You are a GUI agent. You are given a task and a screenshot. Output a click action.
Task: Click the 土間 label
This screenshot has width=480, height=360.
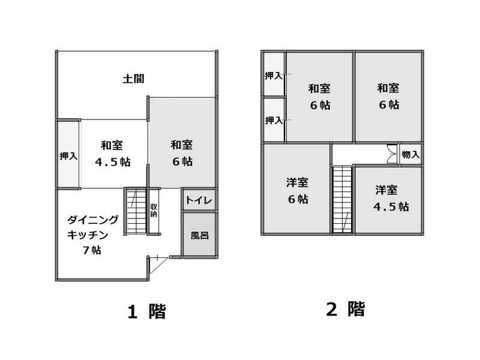tap(133, 79)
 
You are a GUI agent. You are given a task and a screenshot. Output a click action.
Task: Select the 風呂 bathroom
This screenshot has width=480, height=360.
tap(199, 235)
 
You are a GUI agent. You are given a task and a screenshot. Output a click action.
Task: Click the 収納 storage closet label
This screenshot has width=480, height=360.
tap(154, 210)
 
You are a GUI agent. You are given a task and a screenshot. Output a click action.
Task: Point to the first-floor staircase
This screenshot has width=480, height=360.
tap(135, 211)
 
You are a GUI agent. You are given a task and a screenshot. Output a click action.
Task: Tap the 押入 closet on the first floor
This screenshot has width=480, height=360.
tap(68, 155)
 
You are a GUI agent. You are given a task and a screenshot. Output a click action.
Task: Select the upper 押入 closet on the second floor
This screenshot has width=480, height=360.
tap(274, 76)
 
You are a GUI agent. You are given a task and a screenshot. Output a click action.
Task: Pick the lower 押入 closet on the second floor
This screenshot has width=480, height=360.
tap(274, 120)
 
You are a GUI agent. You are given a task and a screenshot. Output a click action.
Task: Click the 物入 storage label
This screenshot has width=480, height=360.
tap(410, 155)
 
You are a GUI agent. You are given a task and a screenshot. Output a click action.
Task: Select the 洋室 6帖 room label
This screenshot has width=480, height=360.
tap(296, 191)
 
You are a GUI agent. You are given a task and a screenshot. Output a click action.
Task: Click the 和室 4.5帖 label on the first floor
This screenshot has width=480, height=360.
tap(112, 154)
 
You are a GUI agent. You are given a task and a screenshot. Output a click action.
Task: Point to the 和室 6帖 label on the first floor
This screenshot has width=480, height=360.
tap(181, 153)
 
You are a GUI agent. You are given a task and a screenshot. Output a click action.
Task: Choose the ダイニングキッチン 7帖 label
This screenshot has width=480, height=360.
tap(92, 235)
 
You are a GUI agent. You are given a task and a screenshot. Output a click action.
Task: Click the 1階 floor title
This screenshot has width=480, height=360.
tap(146, 311)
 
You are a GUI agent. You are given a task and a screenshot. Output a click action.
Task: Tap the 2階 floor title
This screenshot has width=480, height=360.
tap(346, 310)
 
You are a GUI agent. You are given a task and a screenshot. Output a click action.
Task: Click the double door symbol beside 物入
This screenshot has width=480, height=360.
tap(392, 155)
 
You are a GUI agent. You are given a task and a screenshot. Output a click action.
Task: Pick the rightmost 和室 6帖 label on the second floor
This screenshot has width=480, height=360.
tap(388, 96)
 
